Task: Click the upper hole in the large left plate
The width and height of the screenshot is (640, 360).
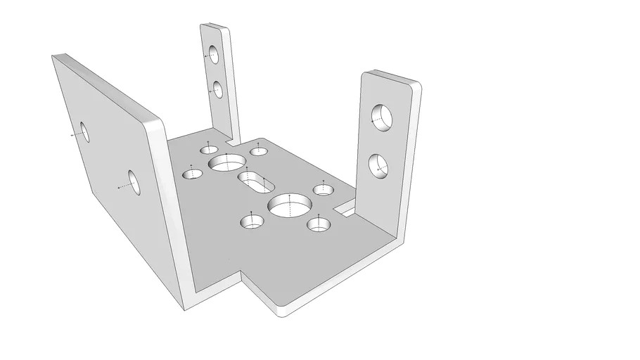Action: (84, 131)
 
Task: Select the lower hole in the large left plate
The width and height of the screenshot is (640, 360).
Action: (134, 183)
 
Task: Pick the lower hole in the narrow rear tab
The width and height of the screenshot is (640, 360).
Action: (217, 89)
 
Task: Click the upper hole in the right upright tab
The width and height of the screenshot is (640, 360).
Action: (382, 116)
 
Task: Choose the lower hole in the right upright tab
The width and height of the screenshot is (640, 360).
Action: (379, 166)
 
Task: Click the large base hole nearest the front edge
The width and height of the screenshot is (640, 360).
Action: (289, 205)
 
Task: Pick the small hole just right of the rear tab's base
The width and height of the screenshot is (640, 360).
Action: (258, 150)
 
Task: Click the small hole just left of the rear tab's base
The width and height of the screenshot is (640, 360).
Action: (209, 149)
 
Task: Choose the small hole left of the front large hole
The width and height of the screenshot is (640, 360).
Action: (251, 222)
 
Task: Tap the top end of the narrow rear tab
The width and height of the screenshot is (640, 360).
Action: (214, 29)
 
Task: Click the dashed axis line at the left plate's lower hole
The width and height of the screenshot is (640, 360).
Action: (124, 186)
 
